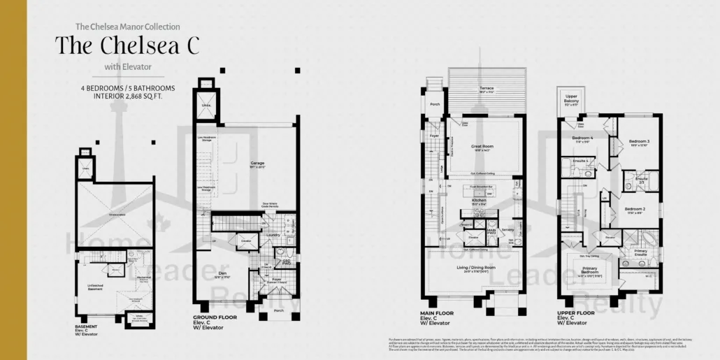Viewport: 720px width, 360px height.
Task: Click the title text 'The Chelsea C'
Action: click(x=127, y=45)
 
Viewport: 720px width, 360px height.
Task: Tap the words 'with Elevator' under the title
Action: click(x=128, y=67)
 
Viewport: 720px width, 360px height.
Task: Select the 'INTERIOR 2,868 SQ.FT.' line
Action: click(x=127, y=96)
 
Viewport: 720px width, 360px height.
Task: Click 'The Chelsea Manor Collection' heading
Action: click(x=127, y=27)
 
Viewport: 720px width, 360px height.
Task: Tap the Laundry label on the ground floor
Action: click(x=272, y=236)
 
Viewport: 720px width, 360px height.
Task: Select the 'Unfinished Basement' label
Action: click(x=95, y=285)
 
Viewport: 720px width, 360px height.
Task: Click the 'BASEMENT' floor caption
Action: click(x=86, y=326)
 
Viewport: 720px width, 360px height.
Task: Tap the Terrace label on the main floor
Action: click(x=487, y=89)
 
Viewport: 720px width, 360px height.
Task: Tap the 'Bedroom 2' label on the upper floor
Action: click(x=634, y=209)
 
